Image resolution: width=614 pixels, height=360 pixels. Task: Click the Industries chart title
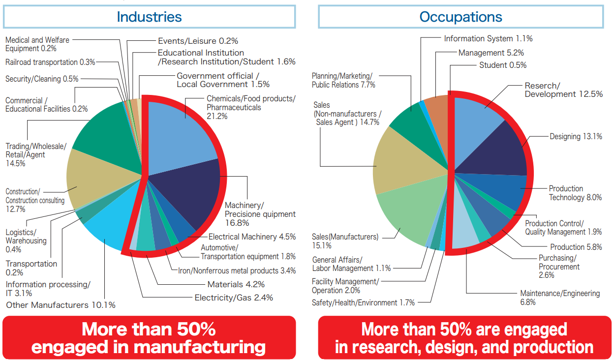tap(149, 17)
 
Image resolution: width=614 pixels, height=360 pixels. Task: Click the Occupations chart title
tap(460, 17)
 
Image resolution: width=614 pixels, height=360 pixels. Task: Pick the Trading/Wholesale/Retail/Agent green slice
tap(110, 137)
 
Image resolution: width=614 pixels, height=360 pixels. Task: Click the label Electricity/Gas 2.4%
tap(234, 298)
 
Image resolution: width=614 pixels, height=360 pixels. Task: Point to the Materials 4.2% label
tap(236, 284)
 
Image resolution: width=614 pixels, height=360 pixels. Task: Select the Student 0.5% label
tap(503, 65)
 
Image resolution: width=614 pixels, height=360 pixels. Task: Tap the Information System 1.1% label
tap(488, 39)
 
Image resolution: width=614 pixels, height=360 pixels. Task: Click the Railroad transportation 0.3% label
tap(50, 62)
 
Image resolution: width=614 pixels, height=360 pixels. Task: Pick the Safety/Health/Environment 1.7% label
tap(363, 303)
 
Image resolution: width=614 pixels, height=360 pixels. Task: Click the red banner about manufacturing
tap(149, 337)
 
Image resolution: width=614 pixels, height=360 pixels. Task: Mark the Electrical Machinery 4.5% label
tap(252, 237)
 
